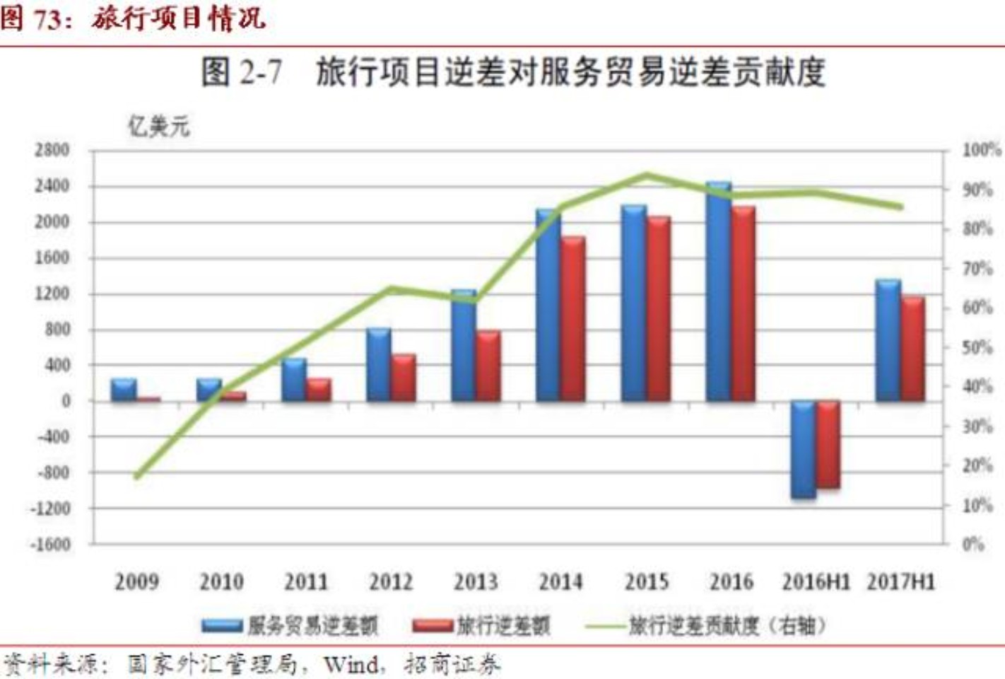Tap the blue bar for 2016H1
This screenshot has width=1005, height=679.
(804, 450)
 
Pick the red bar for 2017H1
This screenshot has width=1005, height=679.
(913, 349)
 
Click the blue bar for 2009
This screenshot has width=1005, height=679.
(124, 390)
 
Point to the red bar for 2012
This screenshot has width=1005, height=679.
(404, 378)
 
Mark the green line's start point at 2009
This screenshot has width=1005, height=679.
(137, 477)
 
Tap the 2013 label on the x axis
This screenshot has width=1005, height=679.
(476, 582)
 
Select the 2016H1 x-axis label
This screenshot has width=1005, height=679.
(816, 582)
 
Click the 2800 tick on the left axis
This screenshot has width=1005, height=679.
(52, 150)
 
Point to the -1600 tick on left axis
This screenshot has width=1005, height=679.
(51, 544)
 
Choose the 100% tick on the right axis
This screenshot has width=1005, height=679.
(981, 150)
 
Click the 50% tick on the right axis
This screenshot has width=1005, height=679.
(977, 347)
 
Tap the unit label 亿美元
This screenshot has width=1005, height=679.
(158, 127)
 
